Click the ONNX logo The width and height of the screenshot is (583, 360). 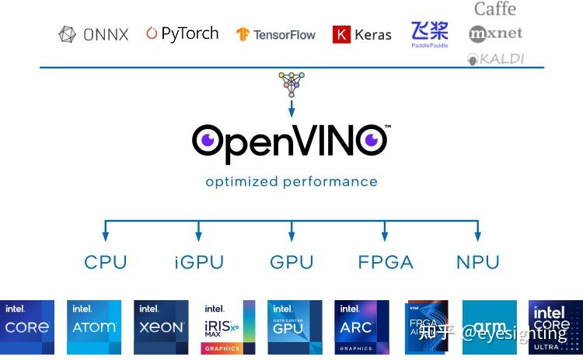coord(93,34)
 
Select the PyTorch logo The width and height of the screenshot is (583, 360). coord(183,33)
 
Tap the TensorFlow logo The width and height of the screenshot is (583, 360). coord(276,34)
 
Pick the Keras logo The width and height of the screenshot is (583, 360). coord(362,34)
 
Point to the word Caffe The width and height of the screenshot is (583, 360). coord(495,9)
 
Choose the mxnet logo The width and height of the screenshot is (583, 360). coord(496,33)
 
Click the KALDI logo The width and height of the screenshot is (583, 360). coord(496,58)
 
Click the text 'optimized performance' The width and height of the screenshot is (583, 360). coord(291,182)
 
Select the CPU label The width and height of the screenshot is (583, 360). coord(105,262)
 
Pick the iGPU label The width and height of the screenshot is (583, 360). coord(198,262)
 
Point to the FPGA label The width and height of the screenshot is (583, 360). coord(386,262)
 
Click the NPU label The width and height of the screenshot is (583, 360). coord(478,262)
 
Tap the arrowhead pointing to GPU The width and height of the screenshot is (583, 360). coord(291,235)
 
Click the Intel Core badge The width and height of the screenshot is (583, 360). coord(27,327)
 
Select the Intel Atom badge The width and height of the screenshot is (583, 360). coord(94,327)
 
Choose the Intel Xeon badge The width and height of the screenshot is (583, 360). coord(161,327)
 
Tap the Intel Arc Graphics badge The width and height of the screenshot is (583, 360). coord(361,327)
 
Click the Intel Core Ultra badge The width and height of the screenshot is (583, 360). coord(556,327)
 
